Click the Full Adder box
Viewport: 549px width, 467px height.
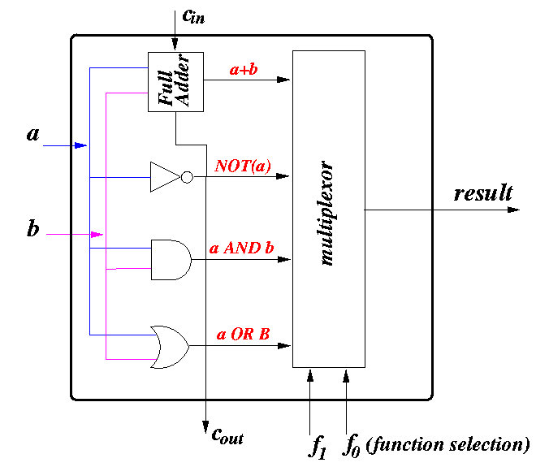(x=175, y=82)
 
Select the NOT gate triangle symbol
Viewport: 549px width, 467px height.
(x=165, y=177)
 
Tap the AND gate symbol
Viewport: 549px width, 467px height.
(x=171, y=260)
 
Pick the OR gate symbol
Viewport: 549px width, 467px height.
(x=170, y=347)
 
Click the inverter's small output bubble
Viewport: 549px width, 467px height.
(x=187, y=177)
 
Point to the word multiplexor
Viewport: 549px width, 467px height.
(x=326, y=213)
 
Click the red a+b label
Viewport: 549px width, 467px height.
(x=244, y=69)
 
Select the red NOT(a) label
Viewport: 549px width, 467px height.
(x=243, y=166)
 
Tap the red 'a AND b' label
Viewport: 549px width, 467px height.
(x=241, y=248)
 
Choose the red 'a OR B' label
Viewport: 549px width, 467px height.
(x=244, y=334)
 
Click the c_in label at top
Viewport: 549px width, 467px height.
(x=193, y=16)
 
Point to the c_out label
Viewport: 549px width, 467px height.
(x=227, y=436)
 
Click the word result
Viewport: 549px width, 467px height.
(x=483, y=193)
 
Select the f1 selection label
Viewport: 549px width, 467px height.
(x=318, y=447)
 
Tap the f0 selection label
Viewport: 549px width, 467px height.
(x=351, y=446)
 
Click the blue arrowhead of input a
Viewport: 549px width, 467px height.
(x=81, y=145)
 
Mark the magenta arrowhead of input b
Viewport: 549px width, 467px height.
(x=97, y=234)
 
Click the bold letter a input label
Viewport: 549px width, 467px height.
(x=33, y=134)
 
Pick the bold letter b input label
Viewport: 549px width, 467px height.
(x=33, y=228)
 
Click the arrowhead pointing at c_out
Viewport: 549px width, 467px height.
(x=206, y=427)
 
